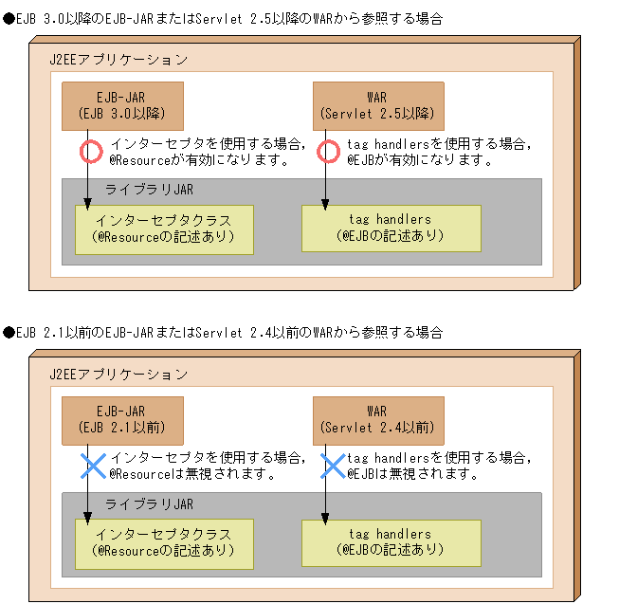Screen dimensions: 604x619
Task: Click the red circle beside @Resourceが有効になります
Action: point(89,151)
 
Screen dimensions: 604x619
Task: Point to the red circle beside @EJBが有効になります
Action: point(327,151)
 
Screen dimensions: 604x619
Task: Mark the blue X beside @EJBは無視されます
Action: point(332,465)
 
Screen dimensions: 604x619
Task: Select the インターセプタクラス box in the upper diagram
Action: point(164,229)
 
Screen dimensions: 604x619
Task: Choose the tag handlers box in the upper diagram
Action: point(391,228)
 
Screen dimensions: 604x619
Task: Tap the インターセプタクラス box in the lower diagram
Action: point(164,543)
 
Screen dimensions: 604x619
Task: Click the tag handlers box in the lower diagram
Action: point(391,542)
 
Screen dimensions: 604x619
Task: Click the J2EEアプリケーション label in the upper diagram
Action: point(118,60)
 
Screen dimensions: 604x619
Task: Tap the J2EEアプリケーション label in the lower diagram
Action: point(118,375)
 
